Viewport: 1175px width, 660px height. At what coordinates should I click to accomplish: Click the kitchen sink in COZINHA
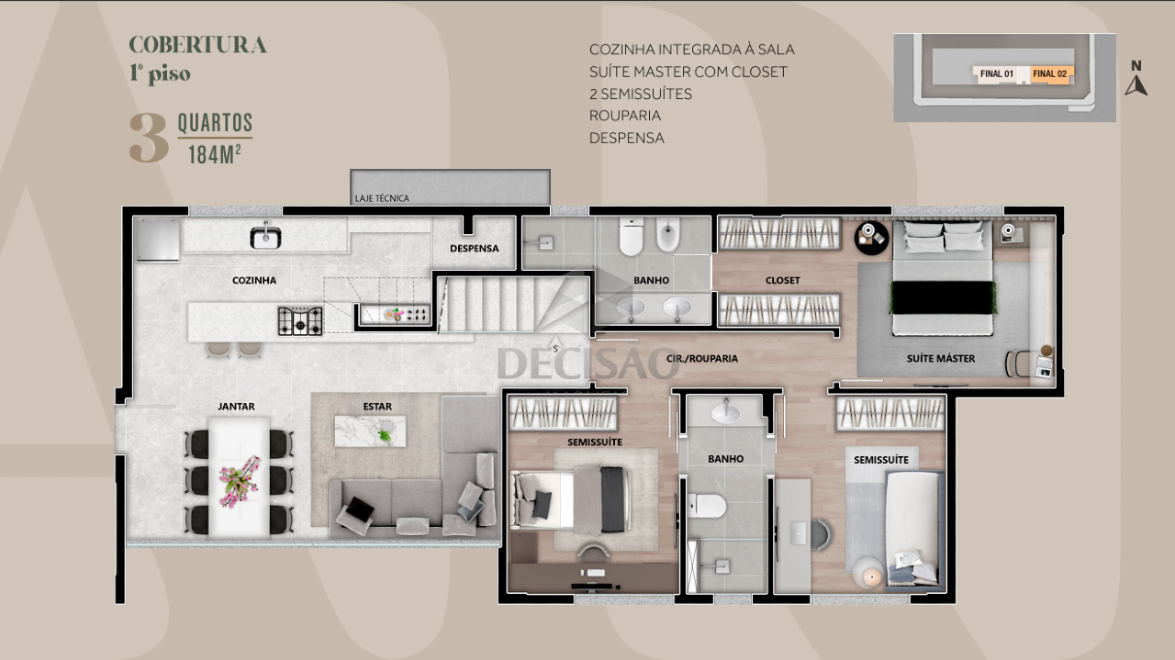point(265,237)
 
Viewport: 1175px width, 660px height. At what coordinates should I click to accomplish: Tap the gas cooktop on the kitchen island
point(300,321)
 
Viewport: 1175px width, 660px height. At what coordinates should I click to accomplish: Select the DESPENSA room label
point(475,248)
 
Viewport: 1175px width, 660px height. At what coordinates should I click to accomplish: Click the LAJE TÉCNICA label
point(382,198)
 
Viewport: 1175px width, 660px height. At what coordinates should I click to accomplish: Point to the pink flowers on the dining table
point(240,481)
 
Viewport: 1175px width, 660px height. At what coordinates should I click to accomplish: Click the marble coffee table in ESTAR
point(370,431)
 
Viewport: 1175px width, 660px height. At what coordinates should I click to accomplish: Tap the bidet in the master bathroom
point(667,234)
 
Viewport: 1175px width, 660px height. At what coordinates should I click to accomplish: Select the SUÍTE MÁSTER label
point(941,358)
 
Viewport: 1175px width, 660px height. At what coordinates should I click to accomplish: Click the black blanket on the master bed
point(943,297)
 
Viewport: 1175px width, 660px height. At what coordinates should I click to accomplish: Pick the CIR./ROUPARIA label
point(702,358)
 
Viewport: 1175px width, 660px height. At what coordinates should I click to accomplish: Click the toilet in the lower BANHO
point(707,506)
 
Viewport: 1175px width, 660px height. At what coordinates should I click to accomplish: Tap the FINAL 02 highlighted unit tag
point(1050,74)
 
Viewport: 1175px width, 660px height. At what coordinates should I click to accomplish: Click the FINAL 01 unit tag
point(997,74)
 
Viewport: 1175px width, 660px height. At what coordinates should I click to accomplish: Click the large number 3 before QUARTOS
point(149,138)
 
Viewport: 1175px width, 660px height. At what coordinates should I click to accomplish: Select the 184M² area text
point(215,155)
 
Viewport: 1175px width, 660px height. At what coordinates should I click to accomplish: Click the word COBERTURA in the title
point(197,45)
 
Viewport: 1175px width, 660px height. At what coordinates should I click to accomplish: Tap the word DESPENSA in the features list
point(627,138)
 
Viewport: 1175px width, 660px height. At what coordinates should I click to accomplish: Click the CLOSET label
point(783,280)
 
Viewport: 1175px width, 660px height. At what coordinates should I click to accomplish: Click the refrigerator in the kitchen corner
point(158,240)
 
